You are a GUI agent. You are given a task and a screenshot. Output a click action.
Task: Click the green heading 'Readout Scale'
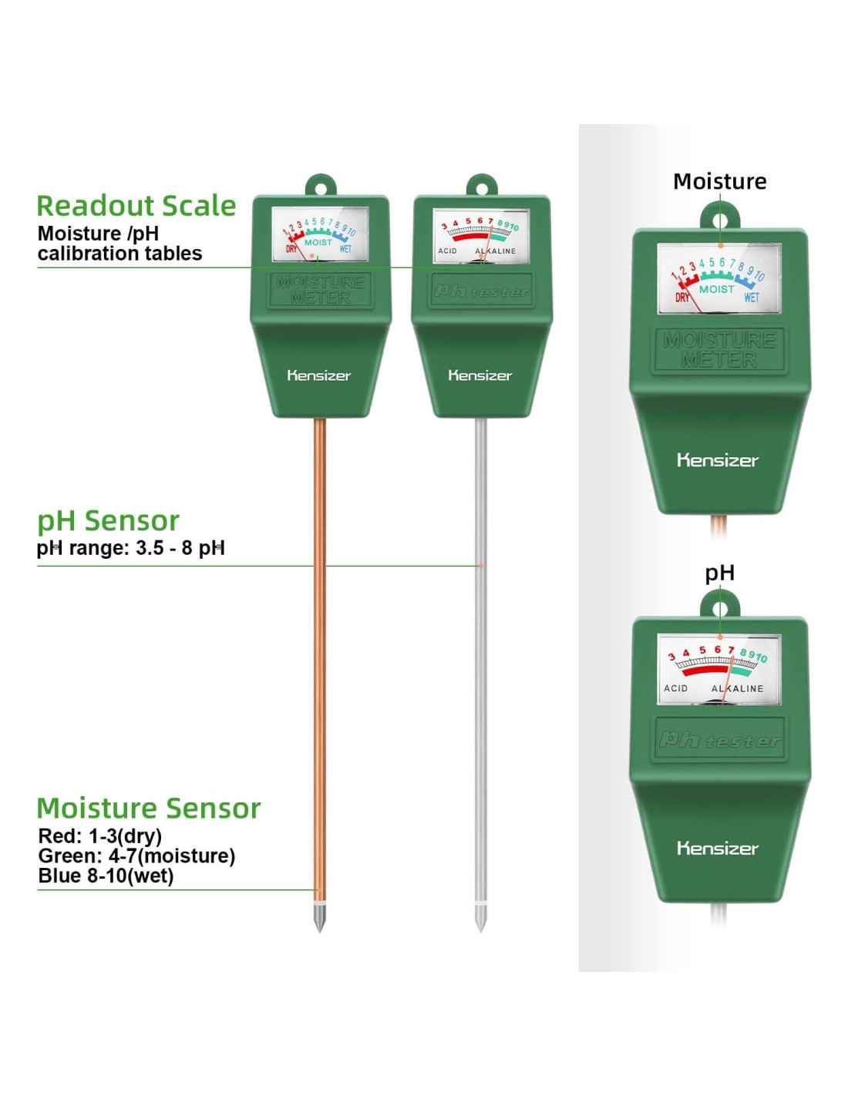pyautogui.click(x=136, y=206)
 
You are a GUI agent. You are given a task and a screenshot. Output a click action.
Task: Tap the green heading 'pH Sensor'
pyautogui.click(x=108, y=520)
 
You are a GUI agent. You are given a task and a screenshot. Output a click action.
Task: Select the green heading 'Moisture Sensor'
pyautogui.click(x=149, y=808)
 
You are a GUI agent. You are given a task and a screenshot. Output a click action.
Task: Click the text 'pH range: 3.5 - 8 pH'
pyautogui.click(x=131, y=548)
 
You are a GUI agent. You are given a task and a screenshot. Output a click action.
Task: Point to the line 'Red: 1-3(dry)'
pyautogui.click(x=99, y=836)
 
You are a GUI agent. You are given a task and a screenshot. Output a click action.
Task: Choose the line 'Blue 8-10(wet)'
pyautogui.click(x=106, y=876)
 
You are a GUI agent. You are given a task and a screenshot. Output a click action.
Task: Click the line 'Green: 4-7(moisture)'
pyautogui.click(x=136, y=856)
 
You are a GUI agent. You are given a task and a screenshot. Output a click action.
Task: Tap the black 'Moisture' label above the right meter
pyautogui.click(x=719, y=181)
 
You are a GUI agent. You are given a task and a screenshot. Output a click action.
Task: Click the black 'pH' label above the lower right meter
pyautogui.click(x=719, y=573)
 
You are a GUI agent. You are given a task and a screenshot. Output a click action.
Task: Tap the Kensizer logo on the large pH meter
pyautogui.click(x=718, y=849)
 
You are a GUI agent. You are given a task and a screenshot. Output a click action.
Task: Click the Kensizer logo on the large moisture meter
pyautogui.click(x=718, y=460)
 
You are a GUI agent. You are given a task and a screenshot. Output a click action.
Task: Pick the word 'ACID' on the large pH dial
pyautogui.click(x=675, y=688)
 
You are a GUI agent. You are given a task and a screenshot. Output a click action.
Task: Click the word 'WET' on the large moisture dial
pyautogui.click(x=752, y=298)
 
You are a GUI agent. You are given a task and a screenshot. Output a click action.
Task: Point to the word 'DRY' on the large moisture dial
pyautogui.click(x=682, y=298)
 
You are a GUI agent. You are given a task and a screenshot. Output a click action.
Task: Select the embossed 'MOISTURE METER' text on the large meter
pyautogui.click(x=719, y=350)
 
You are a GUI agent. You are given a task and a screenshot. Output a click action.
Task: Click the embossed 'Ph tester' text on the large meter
pyautogui.click(x=719, y=741)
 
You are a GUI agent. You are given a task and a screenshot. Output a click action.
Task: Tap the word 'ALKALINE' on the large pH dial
pyautogui.click(x=738, y=688)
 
